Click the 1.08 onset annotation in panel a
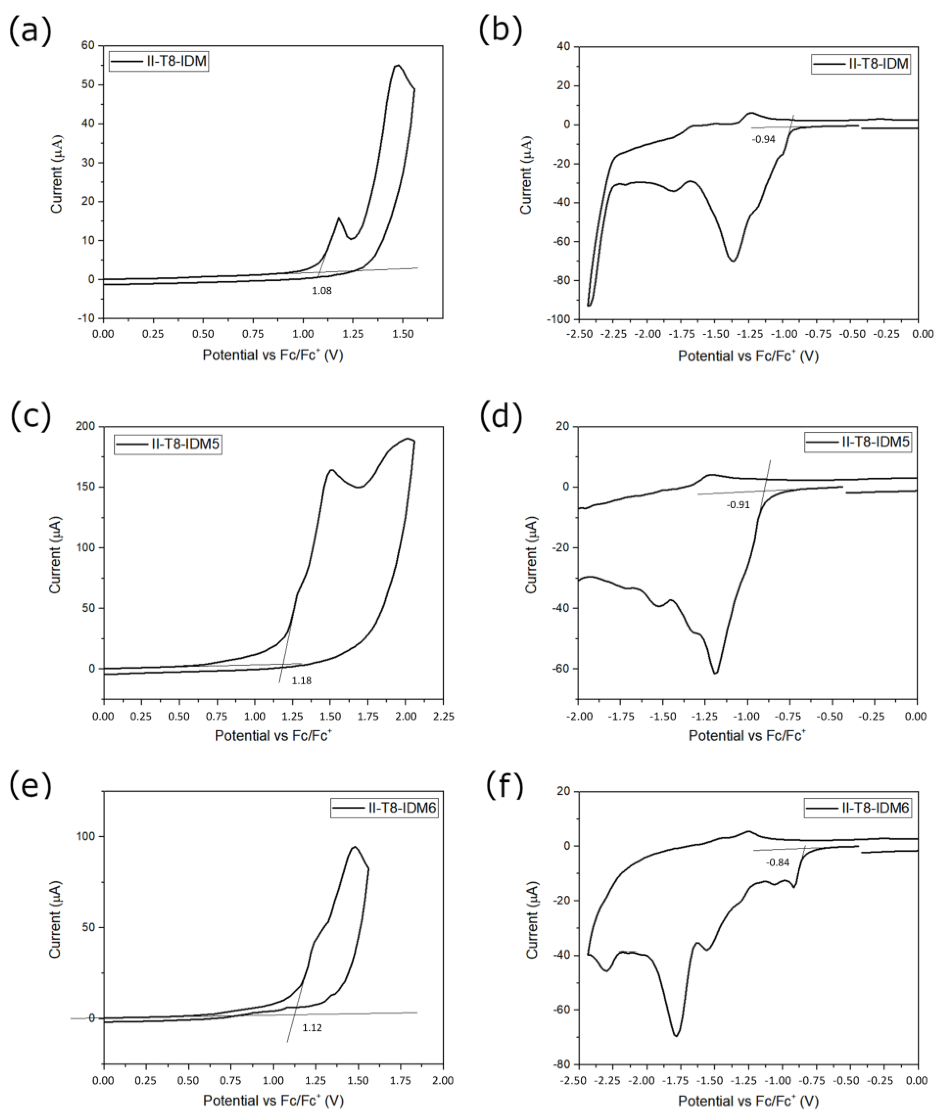click(x=322, y=291)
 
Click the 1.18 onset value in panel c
click(x=301, y=680)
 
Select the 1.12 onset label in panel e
click(x=312, y=1028)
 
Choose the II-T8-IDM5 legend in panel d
click(x=857, y=441)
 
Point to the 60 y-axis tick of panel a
click(x=88, y=46)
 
